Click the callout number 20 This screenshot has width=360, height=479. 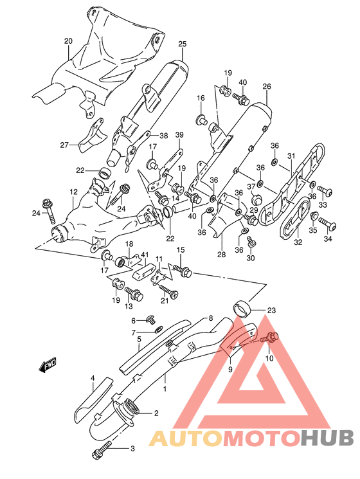pyautogui.click(x=68, y=41)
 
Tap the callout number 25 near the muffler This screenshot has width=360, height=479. pyautogui.click(x=182, y=44)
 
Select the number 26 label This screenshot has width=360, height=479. pyautogui.click(x=266, y=87)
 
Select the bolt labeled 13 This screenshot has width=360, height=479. pyautogui.click(x=136, y=294)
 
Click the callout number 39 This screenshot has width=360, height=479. pyautogui.click(x=179, y=134)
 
